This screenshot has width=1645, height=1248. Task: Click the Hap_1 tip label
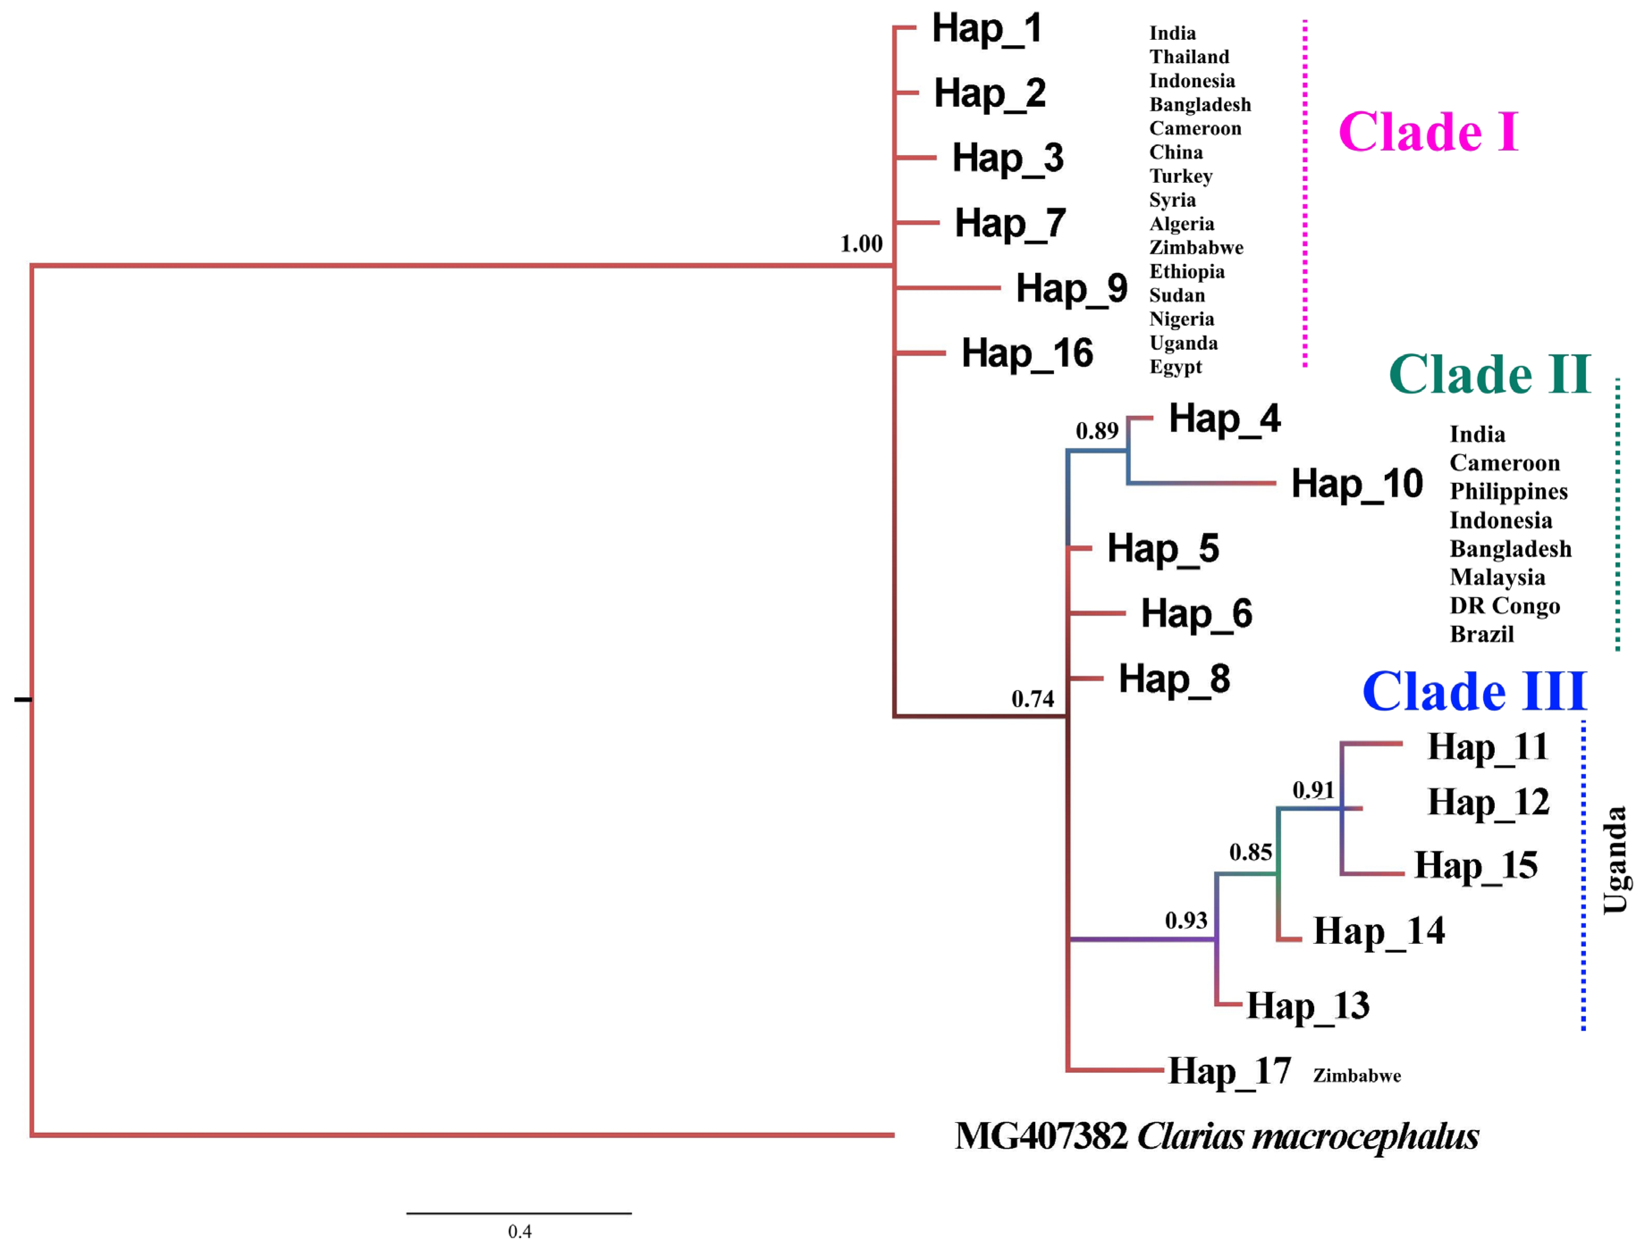987,30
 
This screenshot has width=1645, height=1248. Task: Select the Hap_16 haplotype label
1027,354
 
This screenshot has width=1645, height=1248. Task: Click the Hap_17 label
1229,1072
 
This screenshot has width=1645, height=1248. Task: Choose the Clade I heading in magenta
1428,132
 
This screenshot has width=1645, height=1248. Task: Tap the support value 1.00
861,244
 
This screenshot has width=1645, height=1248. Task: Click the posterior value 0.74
1032,699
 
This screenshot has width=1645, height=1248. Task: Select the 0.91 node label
1313,790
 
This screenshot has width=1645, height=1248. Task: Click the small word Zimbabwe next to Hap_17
1357,1076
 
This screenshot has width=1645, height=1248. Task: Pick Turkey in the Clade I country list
1181,176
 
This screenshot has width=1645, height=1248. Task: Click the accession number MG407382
1041,1136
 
